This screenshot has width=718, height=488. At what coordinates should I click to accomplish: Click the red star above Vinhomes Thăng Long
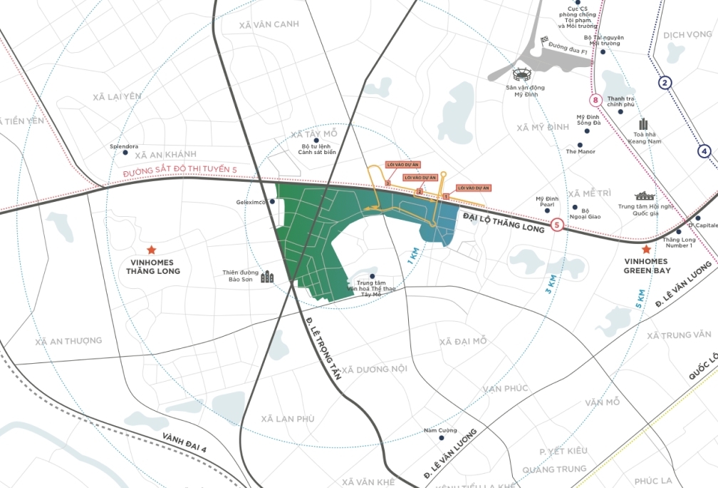tap(151, 250)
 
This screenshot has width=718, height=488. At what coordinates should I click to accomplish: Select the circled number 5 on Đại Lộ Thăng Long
tap(557, 225)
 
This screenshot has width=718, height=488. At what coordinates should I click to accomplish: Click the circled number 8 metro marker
tap(596, 101)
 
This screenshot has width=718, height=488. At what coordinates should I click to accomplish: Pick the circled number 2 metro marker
tap(665, 83)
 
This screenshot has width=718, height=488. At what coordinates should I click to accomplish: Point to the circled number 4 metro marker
tap(704, 151)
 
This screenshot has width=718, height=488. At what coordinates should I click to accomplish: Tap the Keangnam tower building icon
tap(643, 124)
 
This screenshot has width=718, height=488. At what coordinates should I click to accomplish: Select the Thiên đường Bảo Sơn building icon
tap(267, 276)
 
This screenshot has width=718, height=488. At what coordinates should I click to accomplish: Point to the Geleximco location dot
tap(272, 202)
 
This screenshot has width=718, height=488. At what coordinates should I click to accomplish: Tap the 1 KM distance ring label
tap(412, 255)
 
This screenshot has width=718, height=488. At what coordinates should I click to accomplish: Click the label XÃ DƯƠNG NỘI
tap(374, 369)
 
